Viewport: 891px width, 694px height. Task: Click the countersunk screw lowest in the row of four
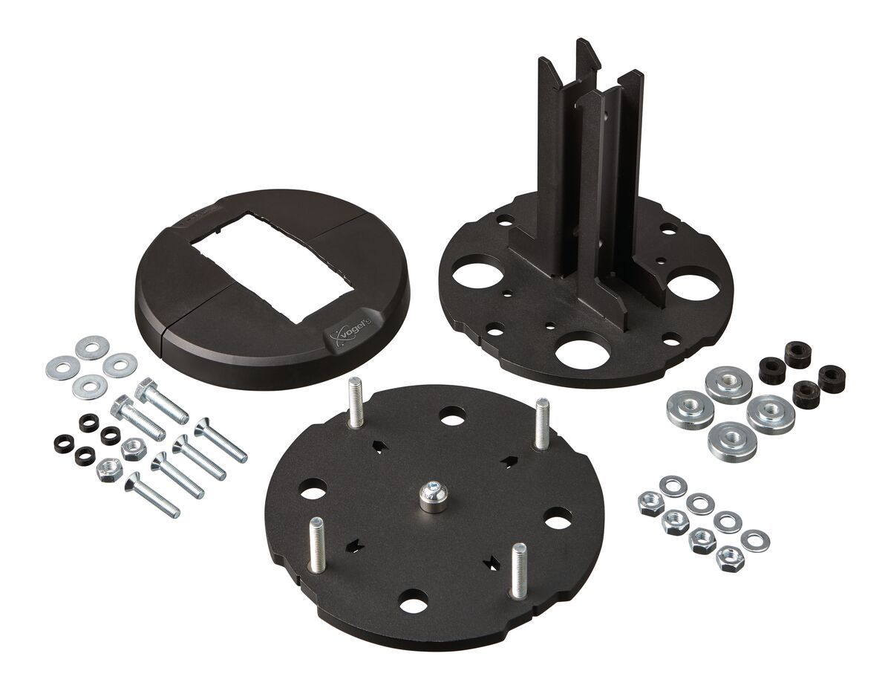(x=151, y=493)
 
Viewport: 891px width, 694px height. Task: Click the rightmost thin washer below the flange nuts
(x=755, y=540)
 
